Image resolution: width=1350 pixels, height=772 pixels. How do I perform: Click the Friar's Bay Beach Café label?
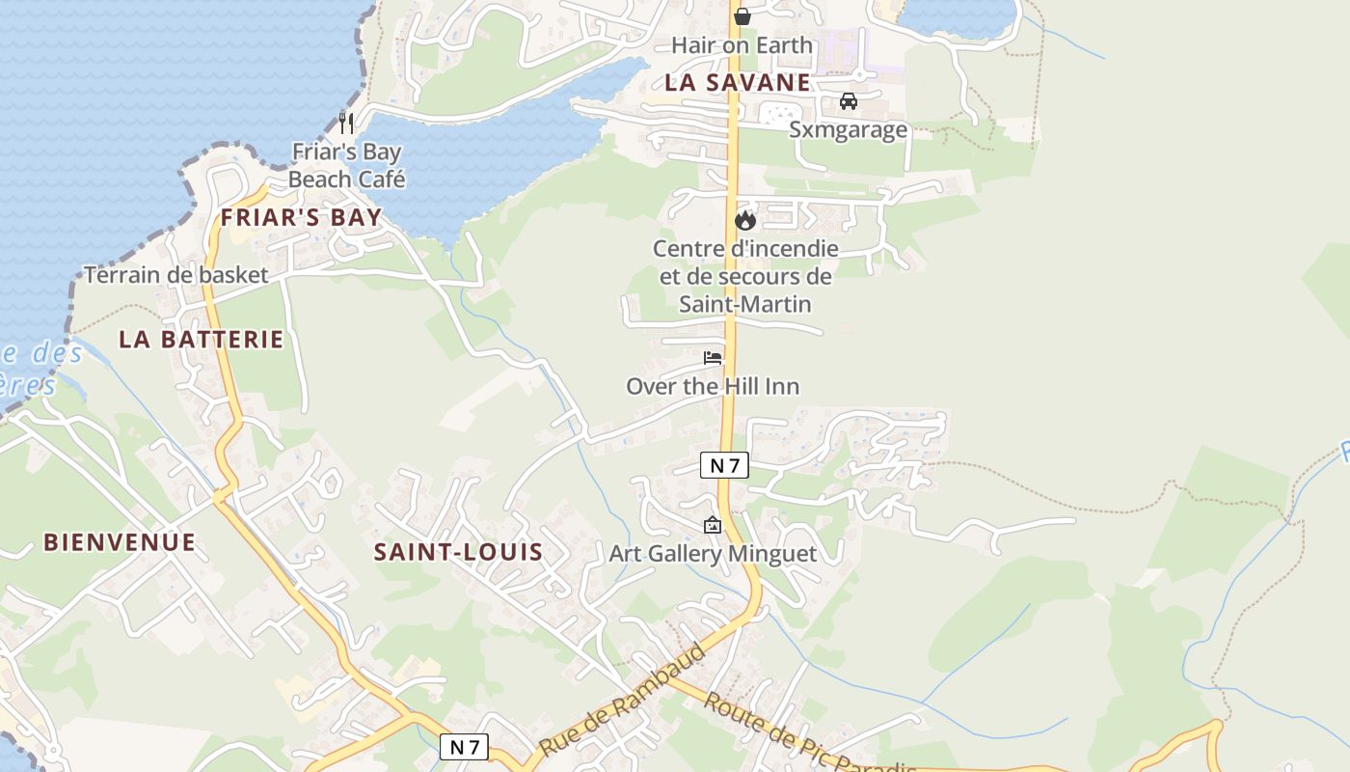click(x=347, y=165)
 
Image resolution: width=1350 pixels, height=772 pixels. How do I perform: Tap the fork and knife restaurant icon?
click(x=347, y=123)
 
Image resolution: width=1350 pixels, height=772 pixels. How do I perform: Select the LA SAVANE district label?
click(x=737, y=83)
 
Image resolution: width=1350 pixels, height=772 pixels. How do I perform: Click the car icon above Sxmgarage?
click(x=849, y=101)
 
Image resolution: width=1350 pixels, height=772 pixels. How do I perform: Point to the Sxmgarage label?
click(x=849, y=129)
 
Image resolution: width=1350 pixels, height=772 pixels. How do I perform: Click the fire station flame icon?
click(x=745, y=220)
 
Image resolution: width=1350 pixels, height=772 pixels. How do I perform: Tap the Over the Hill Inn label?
click(x=713, y=387)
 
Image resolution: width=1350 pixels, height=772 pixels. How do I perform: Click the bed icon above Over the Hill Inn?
click(x=713, y=358)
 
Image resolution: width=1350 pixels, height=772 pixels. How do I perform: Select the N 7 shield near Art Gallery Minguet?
click(x=724, y=466)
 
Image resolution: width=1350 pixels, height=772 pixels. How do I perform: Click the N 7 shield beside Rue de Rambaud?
click(x=464, y=746)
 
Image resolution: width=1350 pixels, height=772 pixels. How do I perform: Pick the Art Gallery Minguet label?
click(x=713, y=554)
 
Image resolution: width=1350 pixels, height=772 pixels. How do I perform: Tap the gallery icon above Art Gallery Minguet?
click(x=713, y=525)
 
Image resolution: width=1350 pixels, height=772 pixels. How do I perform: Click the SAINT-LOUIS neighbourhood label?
click(x=458, y=552)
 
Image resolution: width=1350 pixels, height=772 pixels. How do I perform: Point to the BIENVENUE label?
click(x=120, y=542)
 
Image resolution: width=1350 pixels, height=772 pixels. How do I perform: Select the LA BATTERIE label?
click(x=202, y=340)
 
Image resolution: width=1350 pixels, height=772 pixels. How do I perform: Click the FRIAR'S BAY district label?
click(x=301, y=218)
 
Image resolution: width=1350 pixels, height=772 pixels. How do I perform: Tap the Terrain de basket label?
click(x=176, y=275)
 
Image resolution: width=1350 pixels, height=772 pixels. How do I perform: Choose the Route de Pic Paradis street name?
click(x=808, y=734)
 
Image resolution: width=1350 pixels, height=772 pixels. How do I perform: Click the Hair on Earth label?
click(x=742, y=45)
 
